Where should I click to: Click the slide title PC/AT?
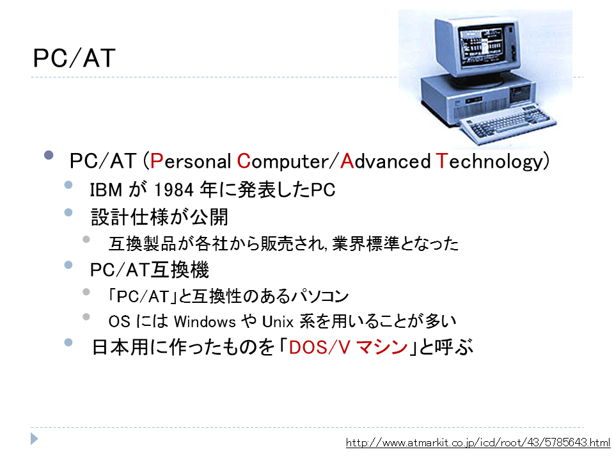coord(74,58)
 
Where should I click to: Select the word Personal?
coord(191,161)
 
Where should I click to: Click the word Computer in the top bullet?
coord(283,161)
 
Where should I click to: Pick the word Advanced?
coord(385,161)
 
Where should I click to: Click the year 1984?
coord(174,190)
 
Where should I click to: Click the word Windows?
coord(205,322)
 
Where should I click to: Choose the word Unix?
coord(278,322)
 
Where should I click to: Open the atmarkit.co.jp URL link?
coord(478,443)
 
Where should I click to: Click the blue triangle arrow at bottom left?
coord(35,439)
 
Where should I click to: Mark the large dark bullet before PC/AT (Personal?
coord(49,155)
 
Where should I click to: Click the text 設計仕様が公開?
coord(159,217)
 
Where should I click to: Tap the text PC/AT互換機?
coord(149,270)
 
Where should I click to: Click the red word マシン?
coord(382,347)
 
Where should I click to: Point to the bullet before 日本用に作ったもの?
coord(68,343)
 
